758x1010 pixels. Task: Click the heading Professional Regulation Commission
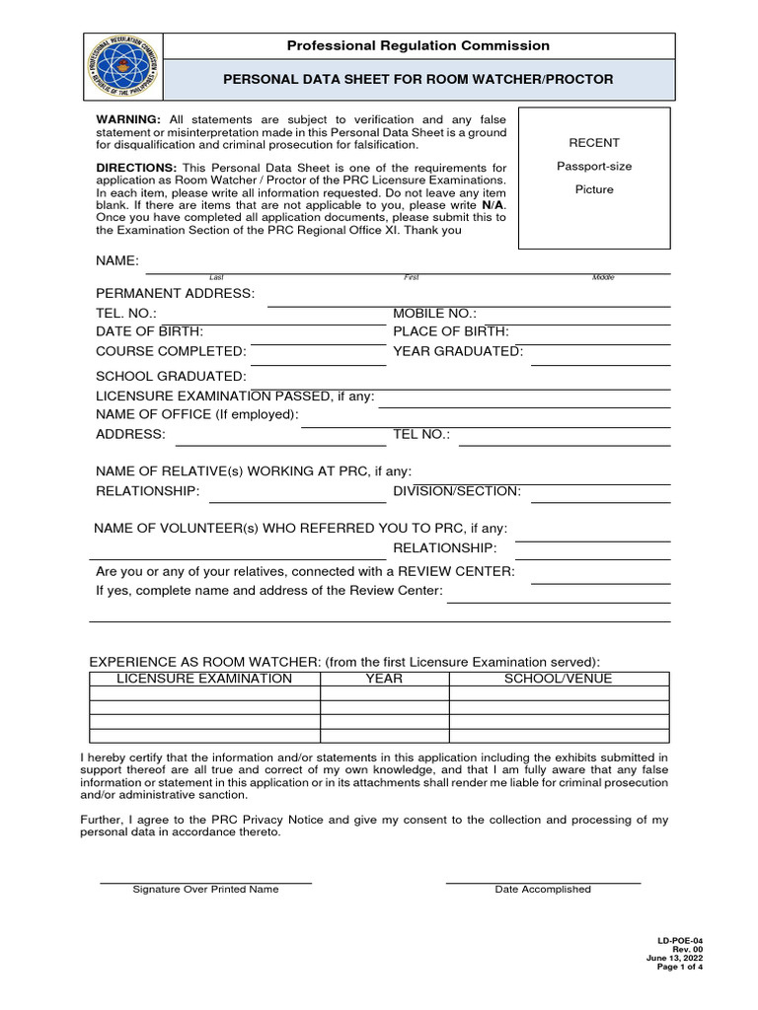click(x=417, y=46)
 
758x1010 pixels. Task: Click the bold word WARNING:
click(x=128, y=118)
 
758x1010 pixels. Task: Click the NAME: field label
click(x=117, y=260)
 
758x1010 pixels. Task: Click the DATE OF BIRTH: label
click(x=149, y=331)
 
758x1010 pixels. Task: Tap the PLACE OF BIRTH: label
click(x=451, y=331)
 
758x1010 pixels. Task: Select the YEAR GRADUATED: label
click(x=458, y=351)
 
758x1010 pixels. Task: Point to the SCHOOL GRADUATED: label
click(x=171, y=376)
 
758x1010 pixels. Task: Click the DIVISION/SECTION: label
click(x=457, y=491)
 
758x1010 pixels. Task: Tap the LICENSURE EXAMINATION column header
click(x=204, y=679)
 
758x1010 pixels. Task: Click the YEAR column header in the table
click(x=384, y=679)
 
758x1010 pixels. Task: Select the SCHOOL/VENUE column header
click(x=559, y=679)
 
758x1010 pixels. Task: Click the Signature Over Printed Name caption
click(x=205, y=890)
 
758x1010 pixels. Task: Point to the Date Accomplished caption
click(x=543, y=890)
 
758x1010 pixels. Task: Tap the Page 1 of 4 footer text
click(x=680, y=967)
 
